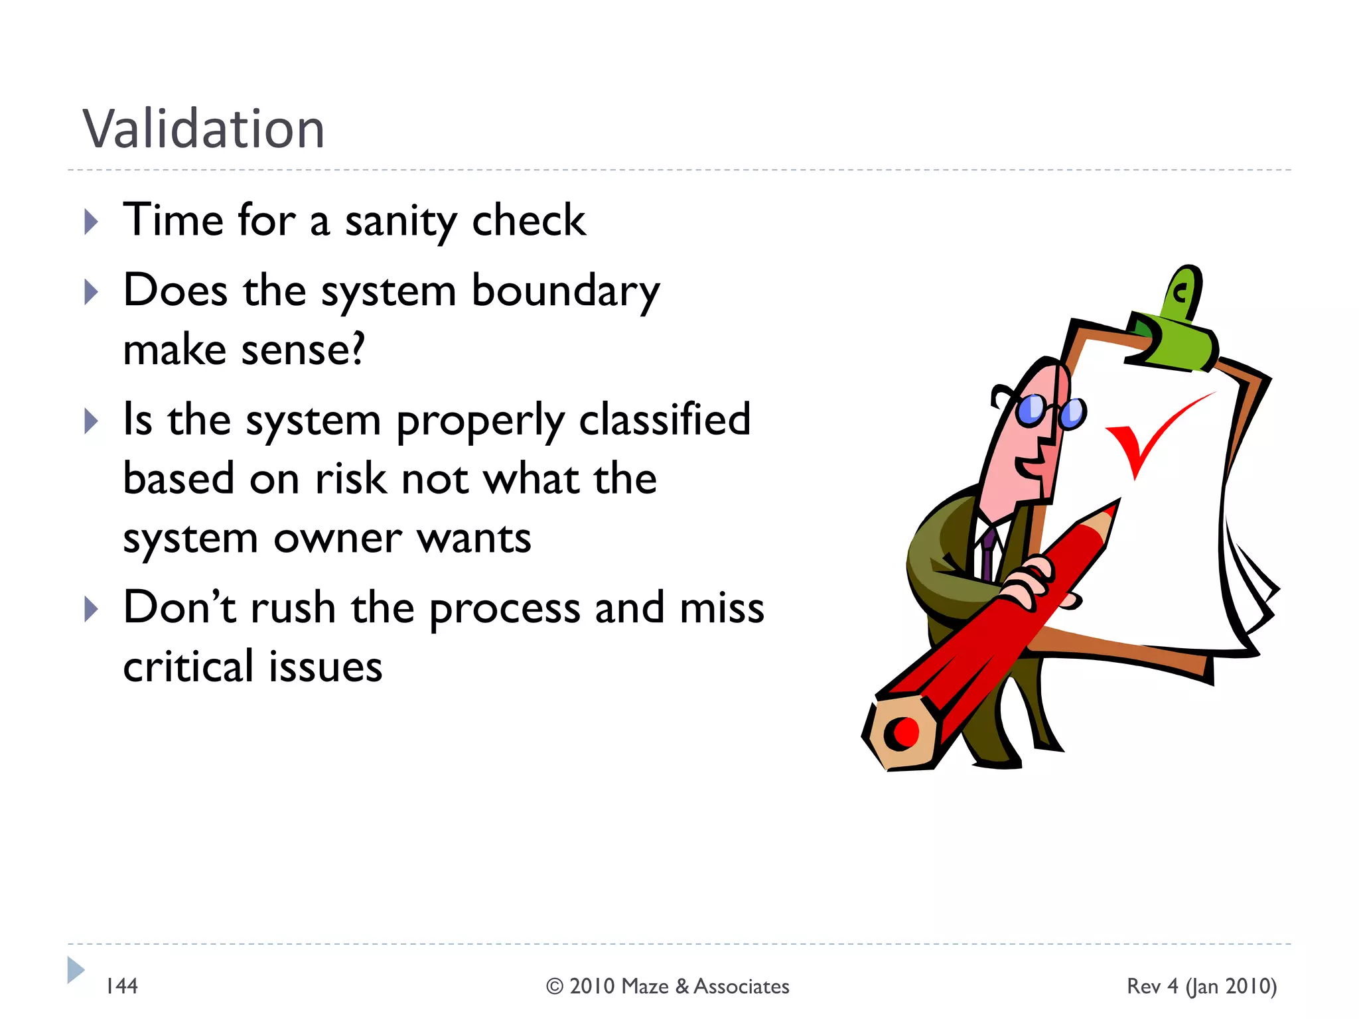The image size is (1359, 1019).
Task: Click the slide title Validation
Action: (x=203, y=129)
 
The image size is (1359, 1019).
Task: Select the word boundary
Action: (x=565, y=291)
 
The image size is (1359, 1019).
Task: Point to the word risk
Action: (x=350, y=478)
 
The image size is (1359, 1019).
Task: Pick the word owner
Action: (x=338, y=537)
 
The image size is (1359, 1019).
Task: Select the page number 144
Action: (x=122, y=986)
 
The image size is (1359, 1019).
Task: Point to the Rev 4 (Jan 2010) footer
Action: (x=1202, y=986)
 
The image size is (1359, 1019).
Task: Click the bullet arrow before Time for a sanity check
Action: (x=92, y=222)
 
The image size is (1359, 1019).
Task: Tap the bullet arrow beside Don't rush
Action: (x=92, y=608)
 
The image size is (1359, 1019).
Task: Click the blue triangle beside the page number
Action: (x=76, y=970)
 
